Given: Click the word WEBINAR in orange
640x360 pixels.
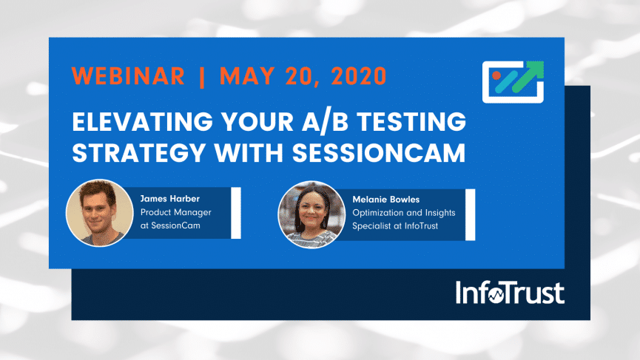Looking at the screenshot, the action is coord(128,76).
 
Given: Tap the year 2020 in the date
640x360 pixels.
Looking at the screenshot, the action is coord(359,76).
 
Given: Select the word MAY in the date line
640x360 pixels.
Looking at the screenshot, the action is coord(247,76).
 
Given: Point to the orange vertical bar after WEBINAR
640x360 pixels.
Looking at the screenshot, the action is coord(202,77).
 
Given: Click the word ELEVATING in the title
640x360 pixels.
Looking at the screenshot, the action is coord(143,121).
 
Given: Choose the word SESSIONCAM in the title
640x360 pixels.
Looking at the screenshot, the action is coord(379,152).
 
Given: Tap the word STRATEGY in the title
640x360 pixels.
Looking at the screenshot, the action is coord(139,152).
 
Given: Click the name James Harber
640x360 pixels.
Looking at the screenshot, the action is coord(169,199).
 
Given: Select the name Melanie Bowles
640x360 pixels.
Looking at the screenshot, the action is coord(385,200).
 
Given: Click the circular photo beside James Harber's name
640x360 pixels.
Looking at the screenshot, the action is coord(100,213).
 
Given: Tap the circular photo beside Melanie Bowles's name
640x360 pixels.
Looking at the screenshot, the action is coord(311,214).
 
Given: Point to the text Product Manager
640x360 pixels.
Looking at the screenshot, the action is coord(175,212).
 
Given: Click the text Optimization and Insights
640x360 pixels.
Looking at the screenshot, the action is coord(404,213).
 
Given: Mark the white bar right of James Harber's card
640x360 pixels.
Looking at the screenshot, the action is coord(236,213).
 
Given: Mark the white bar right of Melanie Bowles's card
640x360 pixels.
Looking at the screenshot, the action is coord(471,214).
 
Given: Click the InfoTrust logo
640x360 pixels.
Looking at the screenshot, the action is coord(510,292).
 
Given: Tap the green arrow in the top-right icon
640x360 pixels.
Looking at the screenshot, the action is coord(528,77).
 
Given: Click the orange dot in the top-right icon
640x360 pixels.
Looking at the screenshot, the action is coord(496,75).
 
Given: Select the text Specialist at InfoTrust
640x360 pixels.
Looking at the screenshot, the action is coord(394,226).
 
